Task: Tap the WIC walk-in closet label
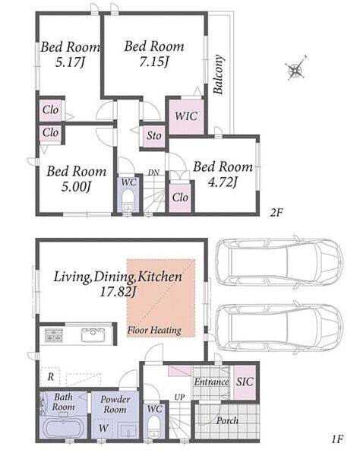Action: click(186, 116)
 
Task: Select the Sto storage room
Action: click(153, 135)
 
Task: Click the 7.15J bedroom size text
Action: click(154, 62)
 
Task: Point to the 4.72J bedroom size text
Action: click(223, 182)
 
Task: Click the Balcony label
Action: click(219, 74)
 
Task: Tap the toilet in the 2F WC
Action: click(128, 201)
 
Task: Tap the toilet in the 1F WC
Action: click(154, 427)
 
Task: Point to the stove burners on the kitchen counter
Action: click(53, 335)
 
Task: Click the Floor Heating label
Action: click(154, 331)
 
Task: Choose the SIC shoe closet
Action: click(245, 382)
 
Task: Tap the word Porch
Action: click(227, 420)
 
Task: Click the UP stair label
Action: click(179, 397)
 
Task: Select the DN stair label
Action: click(153, 173)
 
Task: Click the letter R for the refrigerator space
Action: click(51, 377)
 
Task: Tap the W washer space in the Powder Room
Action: click(103, 428)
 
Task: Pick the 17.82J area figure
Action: click(118, 292)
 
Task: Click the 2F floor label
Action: click(276, 213)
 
